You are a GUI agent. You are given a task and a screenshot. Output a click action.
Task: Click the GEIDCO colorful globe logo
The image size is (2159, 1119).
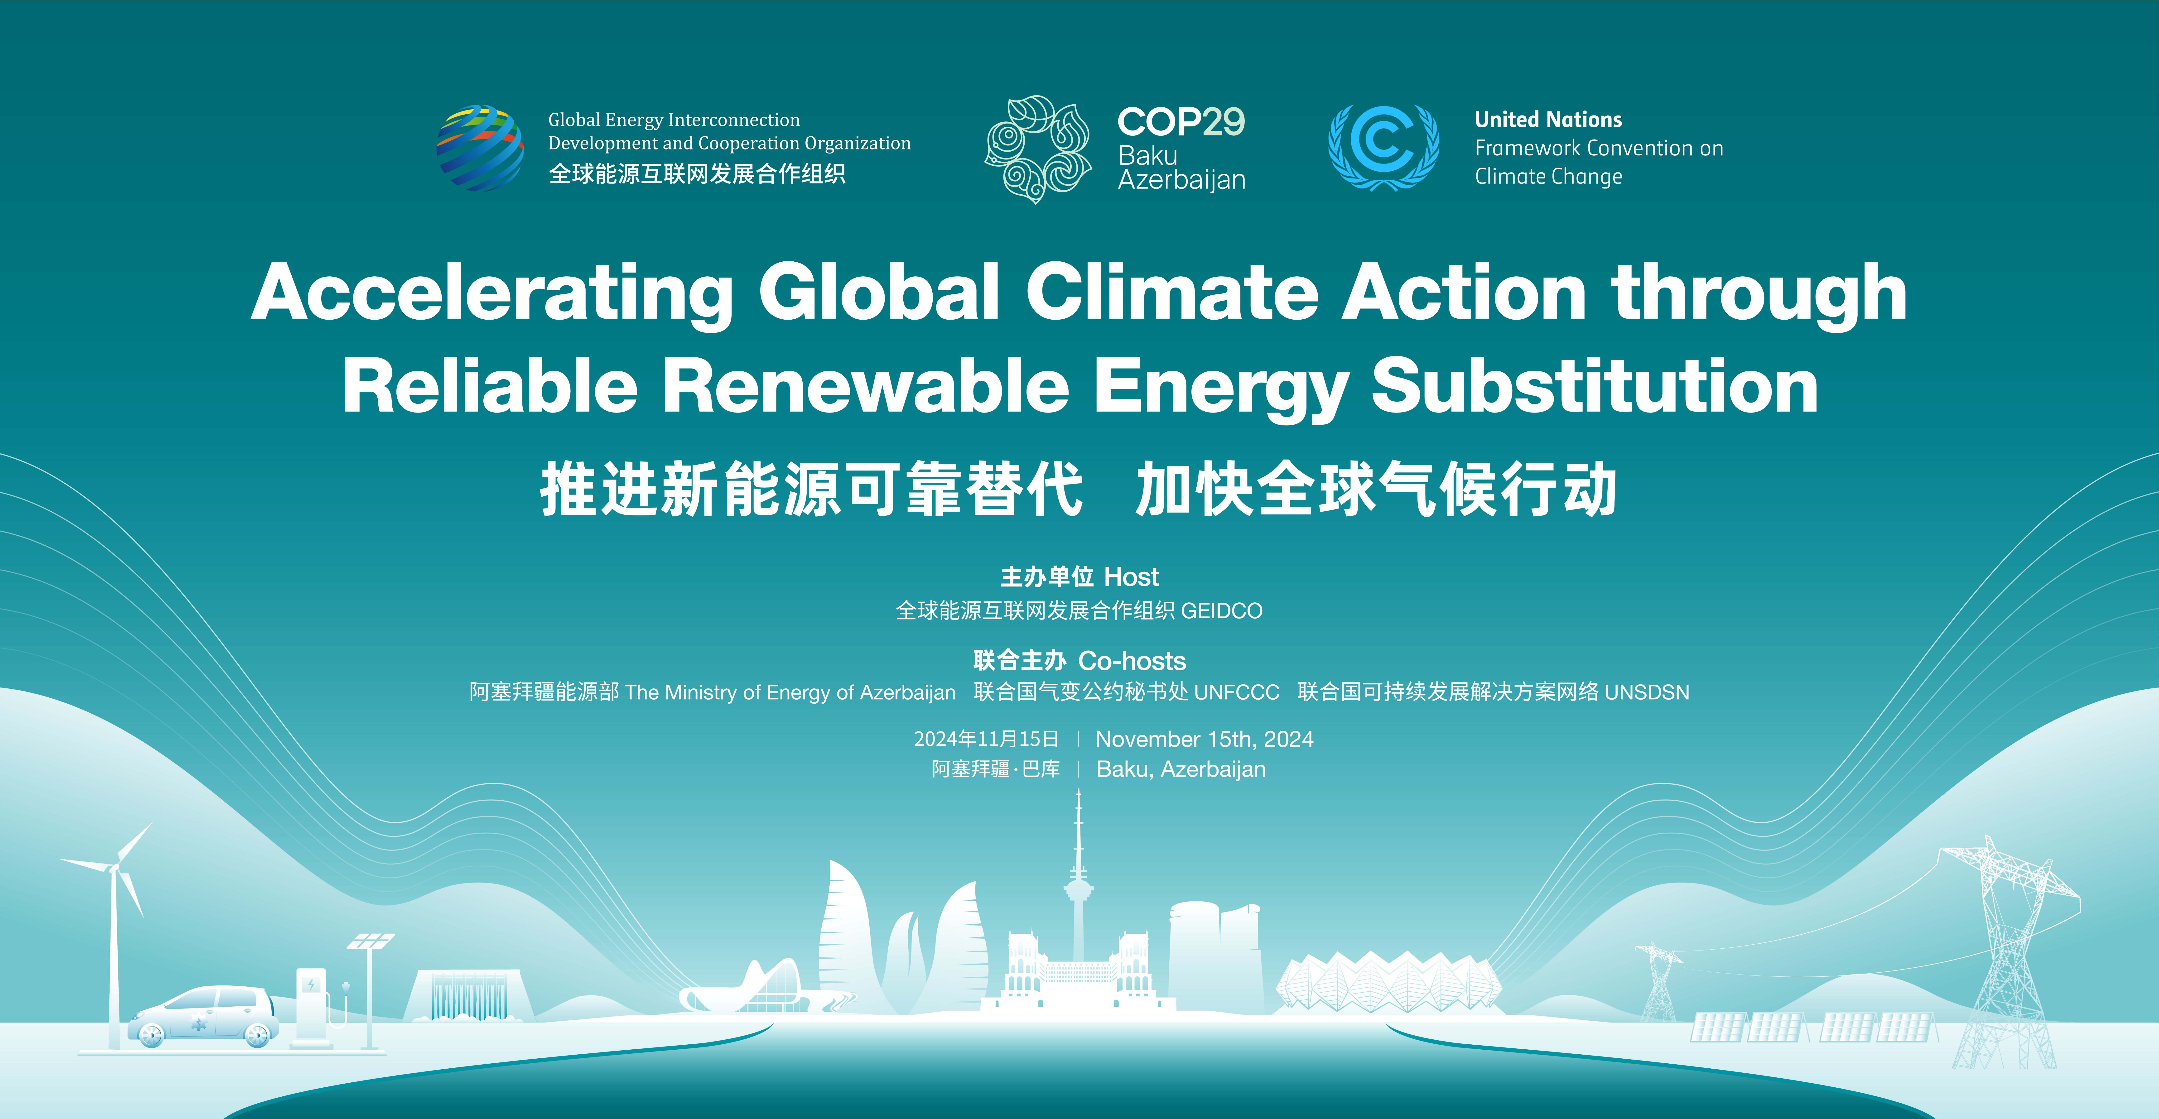pos(479,148)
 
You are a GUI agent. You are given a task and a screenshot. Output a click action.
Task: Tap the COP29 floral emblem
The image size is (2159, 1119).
pos(1038,149)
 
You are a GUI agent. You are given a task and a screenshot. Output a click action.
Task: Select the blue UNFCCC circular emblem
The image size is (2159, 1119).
pos(1384,148)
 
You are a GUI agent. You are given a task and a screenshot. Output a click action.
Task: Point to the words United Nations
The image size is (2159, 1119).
pos(1548,120)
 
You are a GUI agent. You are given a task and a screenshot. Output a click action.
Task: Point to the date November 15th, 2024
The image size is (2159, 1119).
pos(1204,739)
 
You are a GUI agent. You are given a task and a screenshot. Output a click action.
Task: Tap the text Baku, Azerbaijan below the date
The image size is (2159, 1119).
pos(1181,769)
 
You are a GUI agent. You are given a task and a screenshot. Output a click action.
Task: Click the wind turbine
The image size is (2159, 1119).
pos(115,922)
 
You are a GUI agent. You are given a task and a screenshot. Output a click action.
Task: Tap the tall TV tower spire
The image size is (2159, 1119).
pos(1079,880)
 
